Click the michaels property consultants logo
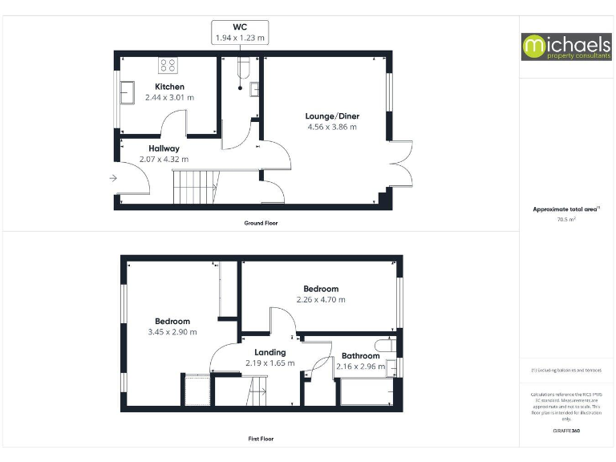click(x=566, y=47)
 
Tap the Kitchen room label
click(x=169, y=87)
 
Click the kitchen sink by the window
click(x=128, y=92)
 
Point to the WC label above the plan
click(x=240, y=27)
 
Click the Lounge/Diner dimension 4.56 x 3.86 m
click(x=332, y=127)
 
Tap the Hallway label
click(x=164, y=148)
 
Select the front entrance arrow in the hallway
click(x=114, y=178)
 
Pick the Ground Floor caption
click(x=261, y=223)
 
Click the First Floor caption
click(x=261, y=439)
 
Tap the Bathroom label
click(x=360, y=356)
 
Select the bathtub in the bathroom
click(x=364, y=394)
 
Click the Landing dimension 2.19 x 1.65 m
click(x=269, y=363)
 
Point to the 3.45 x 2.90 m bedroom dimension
click(x=172, y=332)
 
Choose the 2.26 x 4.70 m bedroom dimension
click(x=320, y=300)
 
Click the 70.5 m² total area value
click(x=566, y=218)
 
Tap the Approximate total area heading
click(x=566, y=209)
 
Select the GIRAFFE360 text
click(x=566, y=431)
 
